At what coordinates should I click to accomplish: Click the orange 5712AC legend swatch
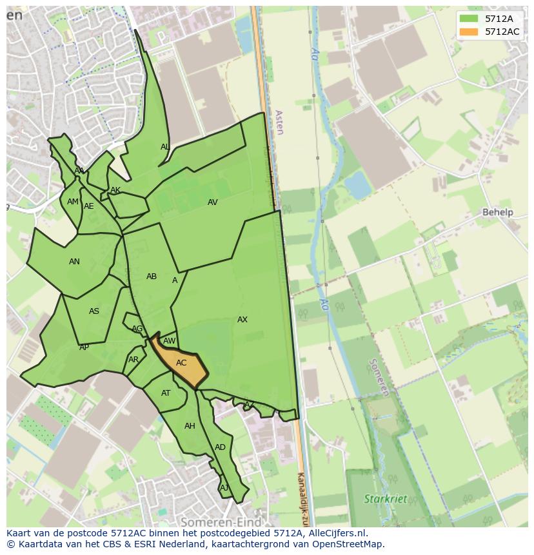coord(469,32)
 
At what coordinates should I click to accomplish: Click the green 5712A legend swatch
coord(469,18)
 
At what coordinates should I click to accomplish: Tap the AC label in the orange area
coord(181,363)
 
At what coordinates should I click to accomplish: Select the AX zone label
coord(242,320)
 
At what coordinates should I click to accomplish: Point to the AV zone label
coord(213,202)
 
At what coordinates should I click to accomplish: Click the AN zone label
coord(74,262)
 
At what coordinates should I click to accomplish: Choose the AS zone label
coord(94,311)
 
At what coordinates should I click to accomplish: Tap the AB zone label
coord(152,277)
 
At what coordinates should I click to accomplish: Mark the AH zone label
coord(190,426)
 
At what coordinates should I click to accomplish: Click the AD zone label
coord(221,447)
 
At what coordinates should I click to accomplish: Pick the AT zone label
coord(166,393)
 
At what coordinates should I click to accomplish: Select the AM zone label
coord(73,202)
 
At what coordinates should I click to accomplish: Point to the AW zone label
coord(170,341)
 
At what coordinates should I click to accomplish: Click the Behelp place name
coord(497,212)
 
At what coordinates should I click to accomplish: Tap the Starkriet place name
coord(385,499)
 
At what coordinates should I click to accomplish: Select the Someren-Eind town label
coord(221,522)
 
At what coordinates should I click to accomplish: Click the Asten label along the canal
coord(279,122)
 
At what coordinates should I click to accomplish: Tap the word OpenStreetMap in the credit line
coord(348,544)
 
